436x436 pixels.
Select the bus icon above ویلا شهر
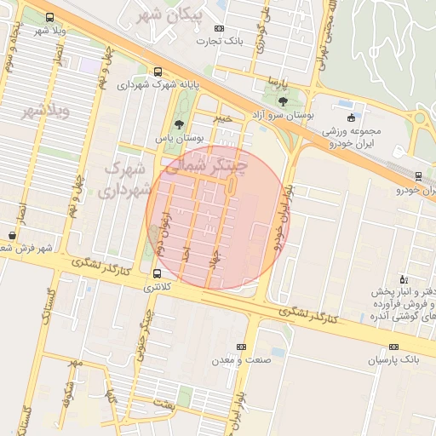[x=50, y=17]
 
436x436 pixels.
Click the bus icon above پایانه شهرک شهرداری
[x=157, y=72]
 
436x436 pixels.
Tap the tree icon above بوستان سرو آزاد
[x=283, y=101]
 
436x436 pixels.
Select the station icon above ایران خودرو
[x=417, y=176]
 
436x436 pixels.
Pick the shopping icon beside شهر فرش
[x=12, y=236]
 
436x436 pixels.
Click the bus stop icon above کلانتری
[x=157, y=274]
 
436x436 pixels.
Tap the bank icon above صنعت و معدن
[x=241, y=347]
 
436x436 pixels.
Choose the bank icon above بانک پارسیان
[x=393, y=347]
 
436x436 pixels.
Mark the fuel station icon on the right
[x=404, y=279]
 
